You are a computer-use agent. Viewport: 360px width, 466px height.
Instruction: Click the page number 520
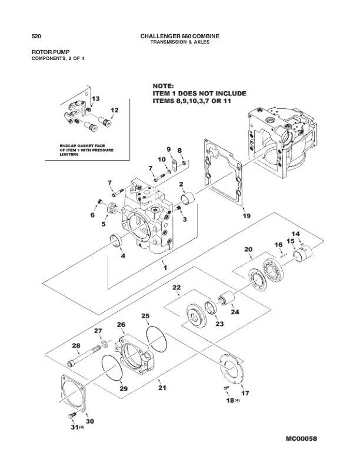(x=35, y=36)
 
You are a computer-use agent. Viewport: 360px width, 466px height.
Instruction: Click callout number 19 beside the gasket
(x=246, y=216)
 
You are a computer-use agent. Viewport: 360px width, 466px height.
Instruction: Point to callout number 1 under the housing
(x=165, y=268)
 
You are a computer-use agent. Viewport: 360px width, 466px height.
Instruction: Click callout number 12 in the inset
(x=114, y=110)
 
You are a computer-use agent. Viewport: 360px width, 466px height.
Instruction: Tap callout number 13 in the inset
(x=95, y=98)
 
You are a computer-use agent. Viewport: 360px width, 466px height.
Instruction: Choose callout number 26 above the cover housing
(x=121, y=325)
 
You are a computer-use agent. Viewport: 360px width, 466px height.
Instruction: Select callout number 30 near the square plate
(x=90, y=421)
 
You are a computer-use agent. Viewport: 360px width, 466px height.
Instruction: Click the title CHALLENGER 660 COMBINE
(x=180, y=36)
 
